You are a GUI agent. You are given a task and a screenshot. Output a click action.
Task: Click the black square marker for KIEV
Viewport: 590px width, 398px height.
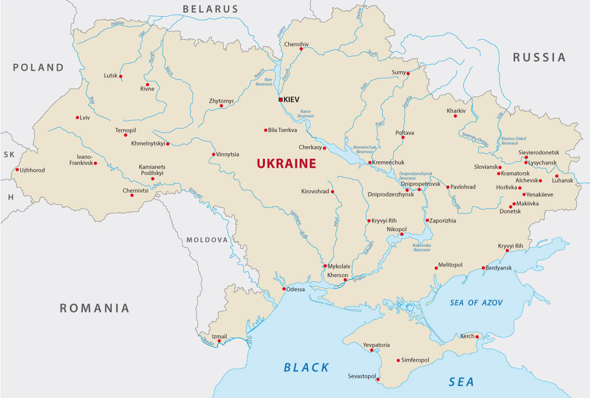coord(281,100)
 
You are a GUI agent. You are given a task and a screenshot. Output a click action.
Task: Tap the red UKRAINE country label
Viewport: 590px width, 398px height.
coord(286,163)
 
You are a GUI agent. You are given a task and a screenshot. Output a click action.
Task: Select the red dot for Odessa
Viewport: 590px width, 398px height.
coord(284,289)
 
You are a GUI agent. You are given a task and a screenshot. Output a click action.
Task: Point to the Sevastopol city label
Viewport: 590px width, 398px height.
coord(361,377)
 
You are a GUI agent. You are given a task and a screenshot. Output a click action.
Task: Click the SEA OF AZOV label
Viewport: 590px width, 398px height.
coord(477,302)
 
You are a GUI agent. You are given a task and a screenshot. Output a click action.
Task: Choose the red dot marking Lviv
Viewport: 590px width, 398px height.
coord(77,117)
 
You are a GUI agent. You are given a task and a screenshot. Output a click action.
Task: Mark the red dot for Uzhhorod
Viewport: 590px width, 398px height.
coord(17,169)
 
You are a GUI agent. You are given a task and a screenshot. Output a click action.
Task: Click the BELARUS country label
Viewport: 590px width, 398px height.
coord(210,9)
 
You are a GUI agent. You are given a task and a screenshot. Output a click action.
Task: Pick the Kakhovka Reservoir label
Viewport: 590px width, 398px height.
coord(422,247)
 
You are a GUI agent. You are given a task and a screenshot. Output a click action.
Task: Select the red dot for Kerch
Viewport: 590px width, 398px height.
coord(477,337)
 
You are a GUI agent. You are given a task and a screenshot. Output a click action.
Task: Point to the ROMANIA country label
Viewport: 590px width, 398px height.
coord(95,308)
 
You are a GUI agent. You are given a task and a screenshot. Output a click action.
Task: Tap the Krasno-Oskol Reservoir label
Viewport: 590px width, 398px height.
coord(514,141)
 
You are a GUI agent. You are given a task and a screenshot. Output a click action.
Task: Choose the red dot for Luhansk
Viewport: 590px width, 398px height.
coord(557,176)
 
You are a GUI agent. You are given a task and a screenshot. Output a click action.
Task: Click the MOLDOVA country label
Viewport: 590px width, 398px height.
coord(207,240)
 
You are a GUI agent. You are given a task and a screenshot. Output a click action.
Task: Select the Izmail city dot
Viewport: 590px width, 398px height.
coord(219,341)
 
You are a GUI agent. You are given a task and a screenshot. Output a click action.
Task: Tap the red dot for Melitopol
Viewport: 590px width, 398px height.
coord(436,268)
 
